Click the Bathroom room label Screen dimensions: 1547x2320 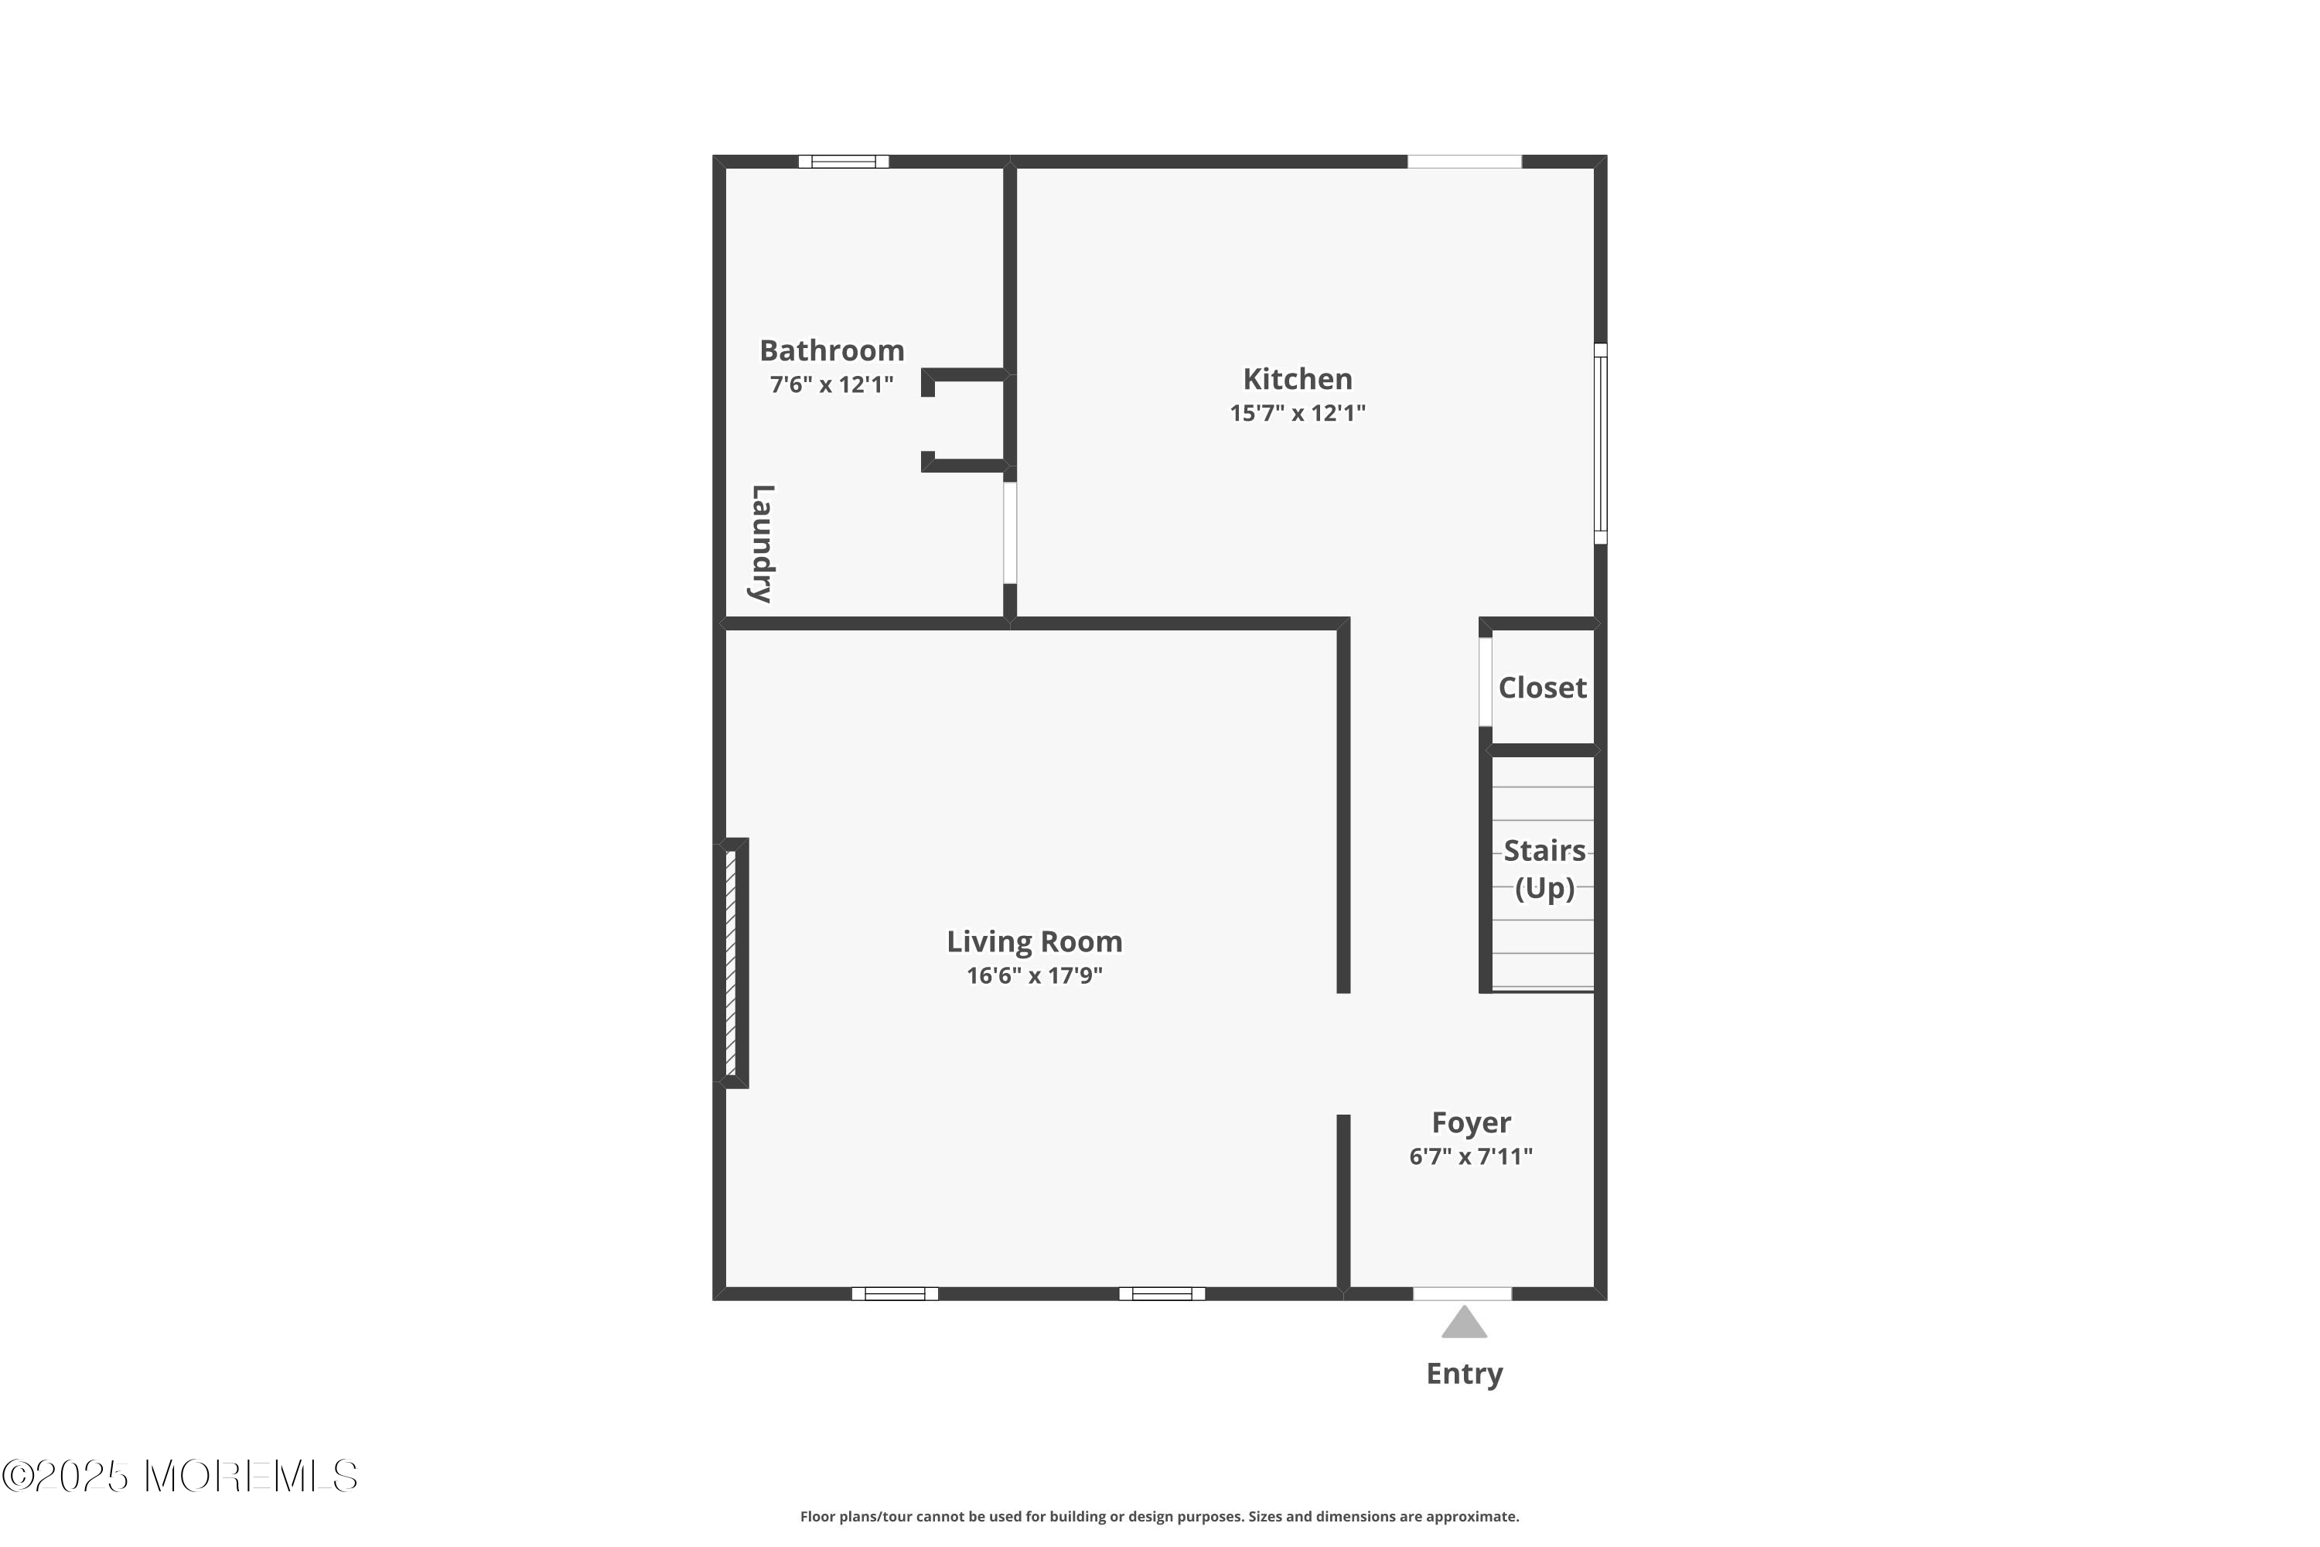[x=831, y=350]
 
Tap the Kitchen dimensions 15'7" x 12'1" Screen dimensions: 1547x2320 [x=1297, y=412]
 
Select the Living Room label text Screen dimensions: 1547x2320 [x=1035, y=941]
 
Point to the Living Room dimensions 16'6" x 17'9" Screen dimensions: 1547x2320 [x=1035, y=975]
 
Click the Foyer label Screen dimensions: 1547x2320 [x=1471, y=1123]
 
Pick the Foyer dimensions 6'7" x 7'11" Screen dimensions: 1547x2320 [x=1471, y=1156]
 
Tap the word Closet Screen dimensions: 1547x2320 [x=1542, y=688]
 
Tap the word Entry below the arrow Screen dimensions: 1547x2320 [x=1464, y=1374]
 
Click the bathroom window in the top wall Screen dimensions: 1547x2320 [x=844, y=162]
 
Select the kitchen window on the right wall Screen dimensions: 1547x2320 [x=1600, y=444]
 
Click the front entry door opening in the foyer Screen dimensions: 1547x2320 [x=1462, y=1293]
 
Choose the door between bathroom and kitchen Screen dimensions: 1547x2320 [x=1010, y=533]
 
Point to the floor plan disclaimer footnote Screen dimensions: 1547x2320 [x=1159, y=1516]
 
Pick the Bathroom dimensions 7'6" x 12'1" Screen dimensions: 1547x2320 [x=831, y=384]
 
